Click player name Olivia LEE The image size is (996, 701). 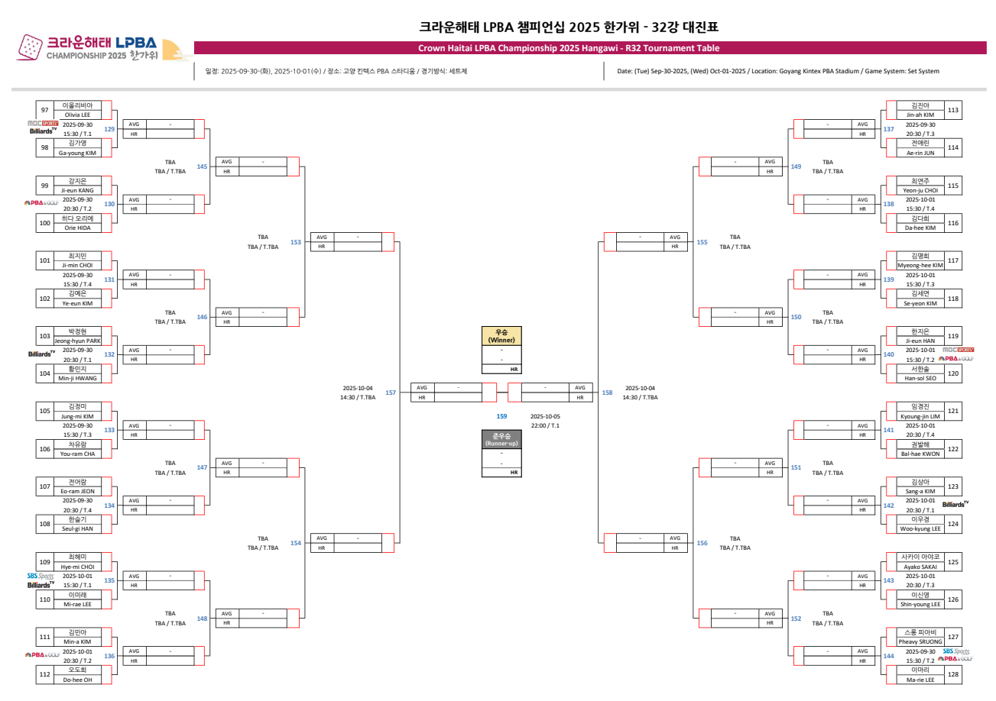76,115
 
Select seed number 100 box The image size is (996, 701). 44,223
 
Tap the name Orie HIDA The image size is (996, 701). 76,228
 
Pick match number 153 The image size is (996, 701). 295,242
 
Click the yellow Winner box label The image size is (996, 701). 501,336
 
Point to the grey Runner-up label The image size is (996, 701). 501,439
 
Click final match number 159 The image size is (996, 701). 501,416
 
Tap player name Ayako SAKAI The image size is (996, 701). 920,567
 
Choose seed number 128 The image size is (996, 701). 952,674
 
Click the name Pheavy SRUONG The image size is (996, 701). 920,641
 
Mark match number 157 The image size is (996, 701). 391,392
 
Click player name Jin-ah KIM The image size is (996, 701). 920,115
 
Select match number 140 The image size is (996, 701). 888,354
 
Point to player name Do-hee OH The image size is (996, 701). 76,679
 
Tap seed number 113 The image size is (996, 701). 952,110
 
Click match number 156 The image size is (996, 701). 702,543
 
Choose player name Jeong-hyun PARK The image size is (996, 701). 76,341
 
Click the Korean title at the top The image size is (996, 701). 569,27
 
